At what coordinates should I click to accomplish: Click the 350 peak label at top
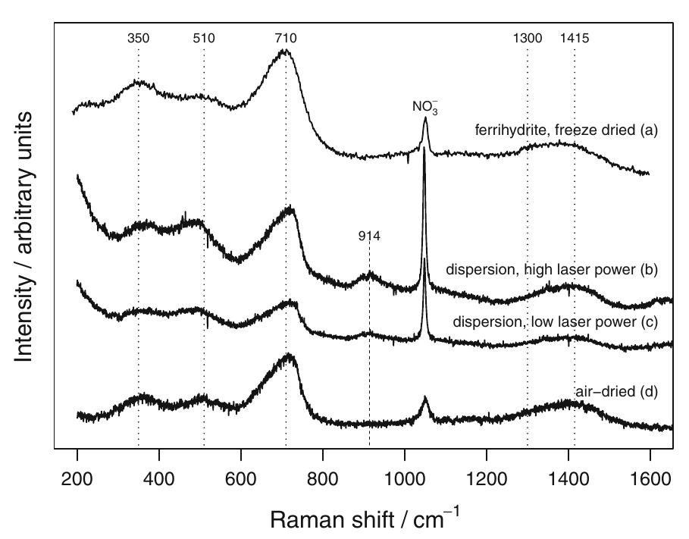[x=138, y=38]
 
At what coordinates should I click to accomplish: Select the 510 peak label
[x=204, y=38]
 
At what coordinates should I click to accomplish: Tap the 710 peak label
[x=286, y=38]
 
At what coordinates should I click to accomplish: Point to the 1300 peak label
[x=527, y=38]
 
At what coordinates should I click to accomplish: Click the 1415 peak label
[x=575, y=38]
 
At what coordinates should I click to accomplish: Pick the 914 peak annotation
[x=369, y=237]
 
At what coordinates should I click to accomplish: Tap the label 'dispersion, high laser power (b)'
[x=551, y=269]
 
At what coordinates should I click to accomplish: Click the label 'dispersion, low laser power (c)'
[x=555, y=322]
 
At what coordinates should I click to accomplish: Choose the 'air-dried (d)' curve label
[x=615, y=392]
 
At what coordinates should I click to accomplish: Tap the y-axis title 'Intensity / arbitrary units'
[x=25, y=237]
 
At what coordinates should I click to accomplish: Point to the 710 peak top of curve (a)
[x=285, y=51]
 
